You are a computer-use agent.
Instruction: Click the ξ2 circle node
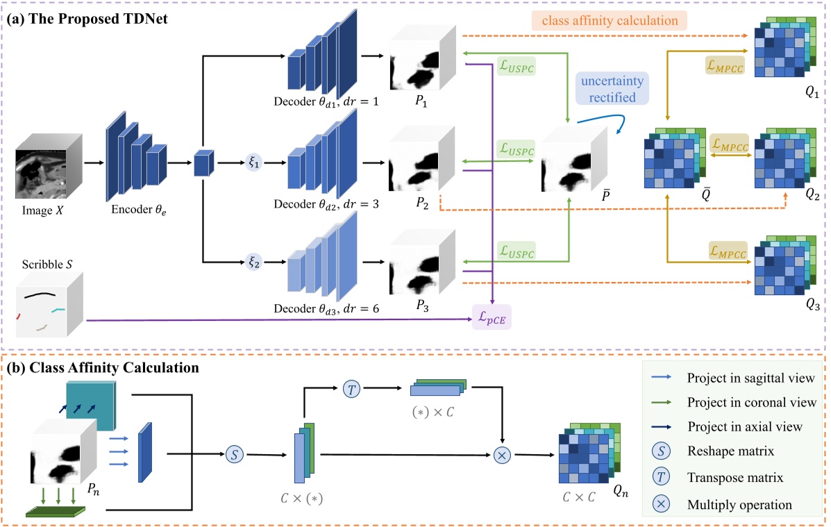click(253, 263)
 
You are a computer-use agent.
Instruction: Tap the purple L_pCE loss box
click(492, 317)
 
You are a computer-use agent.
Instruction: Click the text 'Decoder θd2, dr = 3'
click(326, 204)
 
